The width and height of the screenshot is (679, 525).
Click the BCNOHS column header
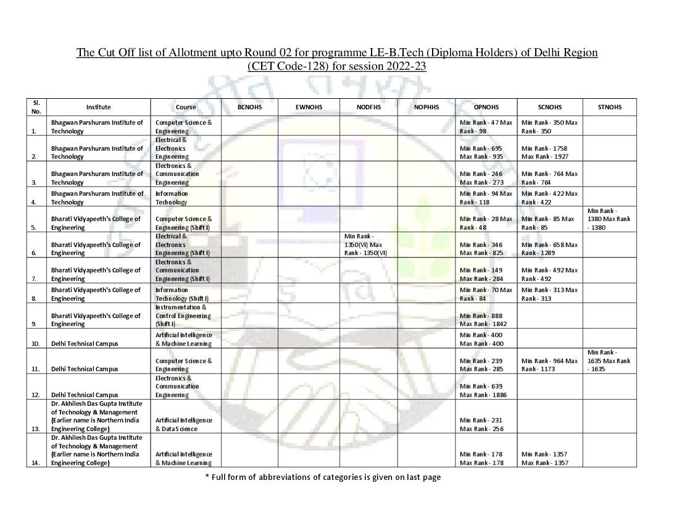[x=249, y=107]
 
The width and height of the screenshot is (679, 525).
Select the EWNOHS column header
[x=309, y=107]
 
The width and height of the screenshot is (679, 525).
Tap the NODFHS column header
[x=369, y=107]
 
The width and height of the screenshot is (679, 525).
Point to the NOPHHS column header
[x=427, y=107]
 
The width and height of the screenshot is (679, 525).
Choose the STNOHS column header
[x=610, y=107]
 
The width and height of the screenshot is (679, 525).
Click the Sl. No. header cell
[x=36, y=107]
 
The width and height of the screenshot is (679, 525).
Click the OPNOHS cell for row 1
[x=486, y=127]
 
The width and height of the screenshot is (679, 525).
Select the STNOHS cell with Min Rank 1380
[x=609, y=219]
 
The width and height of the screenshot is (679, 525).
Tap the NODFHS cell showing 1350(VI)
[x=368, y=245]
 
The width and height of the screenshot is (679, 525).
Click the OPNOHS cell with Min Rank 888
[x=486, y=320]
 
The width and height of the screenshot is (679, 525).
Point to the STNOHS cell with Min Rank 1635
[x=609, y=361]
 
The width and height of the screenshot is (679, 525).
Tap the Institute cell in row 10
[x=98, y=343]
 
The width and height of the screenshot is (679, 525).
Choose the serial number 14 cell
[x=36, y=463]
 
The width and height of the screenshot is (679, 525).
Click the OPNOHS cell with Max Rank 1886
[x=486, y=390]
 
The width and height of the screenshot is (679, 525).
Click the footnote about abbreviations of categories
[x=323, y=477]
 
